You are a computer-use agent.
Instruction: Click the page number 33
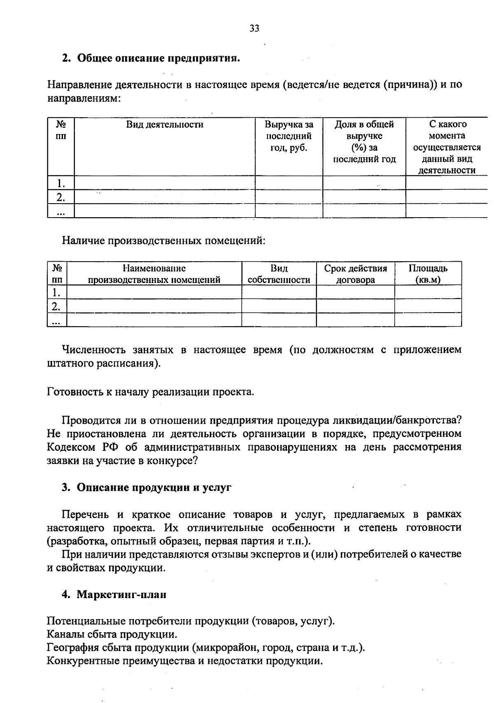pos(254,28)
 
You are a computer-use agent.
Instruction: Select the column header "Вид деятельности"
pos(164,125)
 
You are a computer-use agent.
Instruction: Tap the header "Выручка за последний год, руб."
pos(289,136)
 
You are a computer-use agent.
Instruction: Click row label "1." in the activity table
pos(61,183)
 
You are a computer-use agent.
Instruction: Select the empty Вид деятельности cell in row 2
pos(164,197)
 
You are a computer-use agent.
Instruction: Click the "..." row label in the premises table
pos(57,320)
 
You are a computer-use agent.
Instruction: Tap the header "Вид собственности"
pos(279,274)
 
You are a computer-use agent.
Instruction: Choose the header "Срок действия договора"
pos(355,274)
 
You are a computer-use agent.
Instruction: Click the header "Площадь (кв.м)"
pos(428,274)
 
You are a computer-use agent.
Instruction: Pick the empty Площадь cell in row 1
pos(428,292)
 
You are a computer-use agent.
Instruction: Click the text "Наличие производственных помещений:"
pos(163,240)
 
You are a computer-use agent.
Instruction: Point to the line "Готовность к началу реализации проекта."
pos(151,392)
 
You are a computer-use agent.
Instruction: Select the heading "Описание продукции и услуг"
pos(154,488)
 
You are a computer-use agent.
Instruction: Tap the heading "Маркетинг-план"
pos(121,595)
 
